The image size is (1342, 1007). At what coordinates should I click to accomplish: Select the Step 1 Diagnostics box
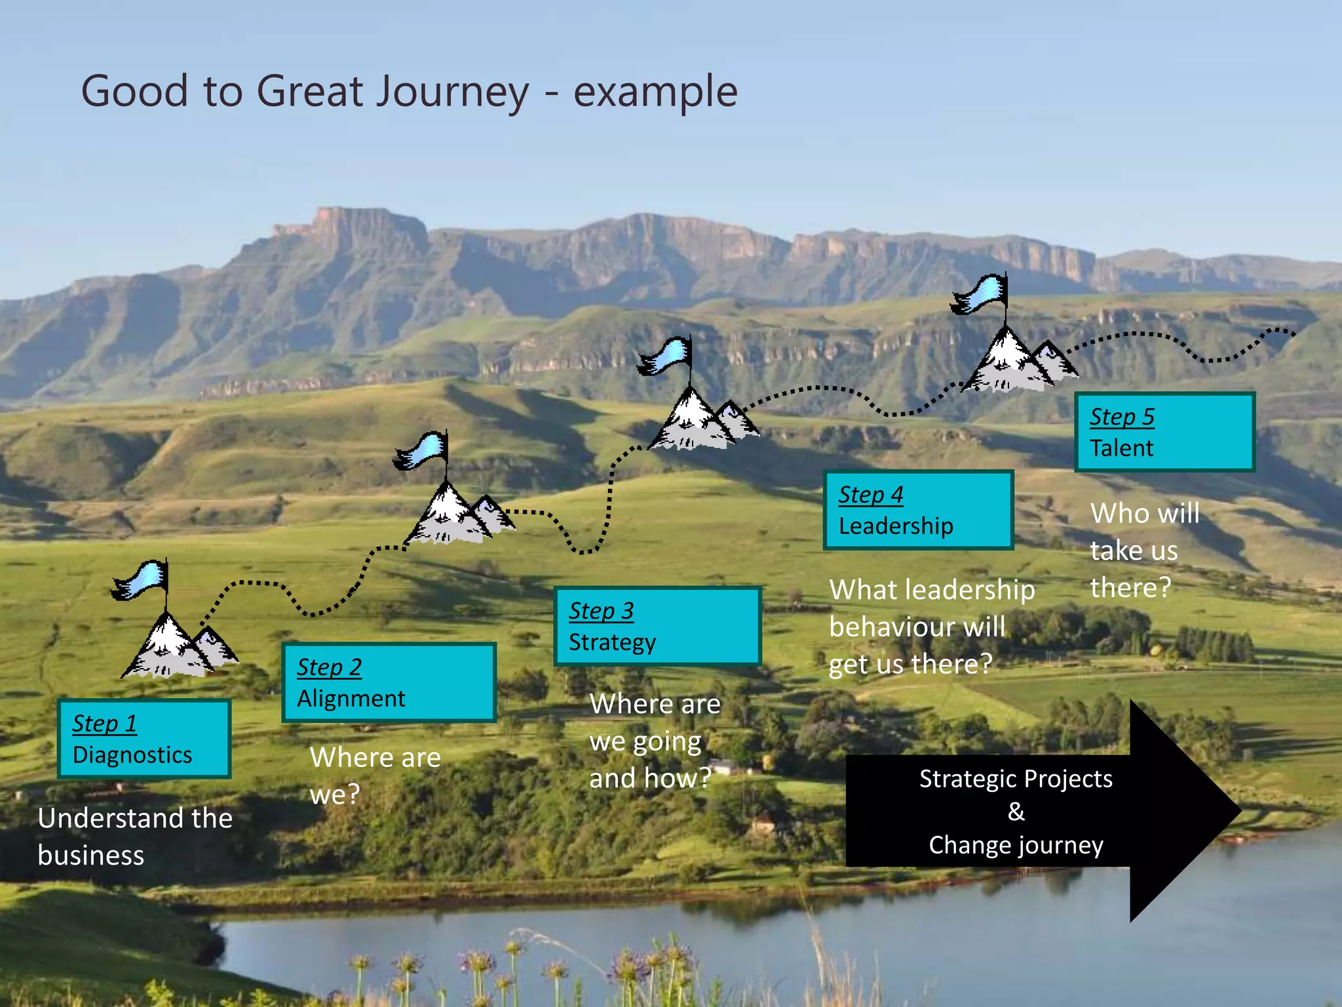(144, 739)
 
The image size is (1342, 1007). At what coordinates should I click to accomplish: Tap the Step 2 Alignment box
(389, 682)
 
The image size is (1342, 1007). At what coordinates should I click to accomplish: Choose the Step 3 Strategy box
(657, 626)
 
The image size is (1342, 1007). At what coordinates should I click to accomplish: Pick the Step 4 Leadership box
(918, 510)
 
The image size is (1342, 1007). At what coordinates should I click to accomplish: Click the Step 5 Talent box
(1164, 432)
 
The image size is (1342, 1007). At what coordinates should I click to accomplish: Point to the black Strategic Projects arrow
(1042, 812)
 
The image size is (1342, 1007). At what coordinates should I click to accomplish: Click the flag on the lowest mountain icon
(141, 580)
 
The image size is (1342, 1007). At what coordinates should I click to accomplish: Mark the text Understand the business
(134, 837)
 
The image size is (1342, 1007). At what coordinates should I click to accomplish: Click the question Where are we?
(374, 776)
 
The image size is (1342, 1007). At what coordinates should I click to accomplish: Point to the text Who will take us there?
(1143, 550)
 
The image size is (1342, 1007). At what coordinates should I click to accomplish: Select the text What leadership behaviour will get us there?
(930, 627)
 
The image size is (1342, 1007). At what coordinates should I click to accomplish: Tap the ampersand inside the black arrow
(1016, 812)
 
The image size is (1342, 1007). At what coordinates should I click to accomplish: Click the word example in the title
(655, 92)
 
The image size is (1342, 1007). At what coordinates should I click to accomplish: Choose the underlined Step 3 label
(601, 610)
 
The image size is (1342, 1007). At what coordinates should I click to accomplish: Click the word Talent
(1121, 448)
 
